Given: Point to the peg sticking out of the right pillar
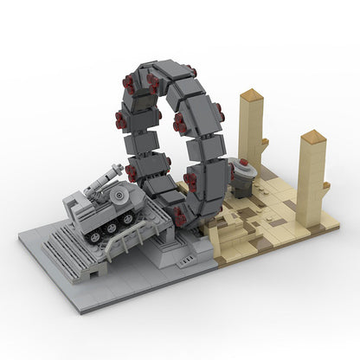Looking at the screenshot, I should [325, 185].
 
